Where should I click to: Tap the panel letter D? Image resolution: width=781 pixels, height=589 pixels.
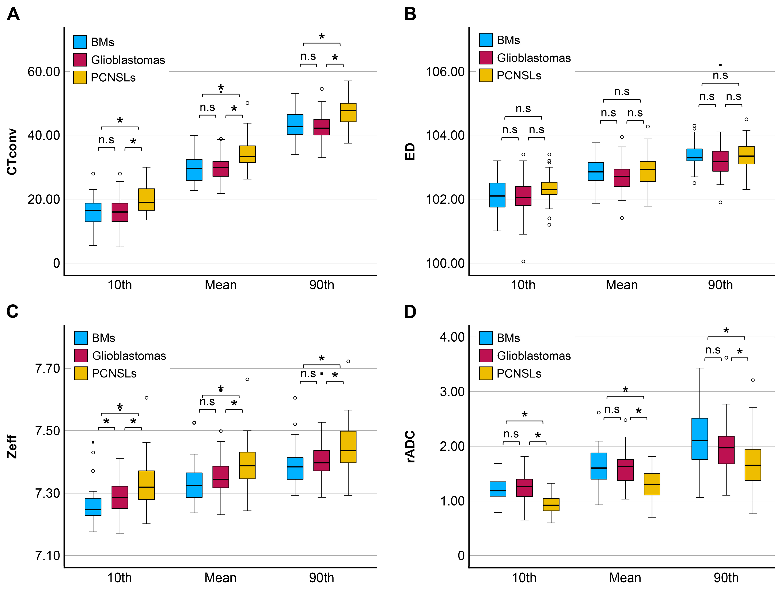coord(410,312)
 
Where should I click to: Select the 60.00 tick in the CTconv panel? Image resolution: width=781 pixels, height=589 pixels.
coord(44,72)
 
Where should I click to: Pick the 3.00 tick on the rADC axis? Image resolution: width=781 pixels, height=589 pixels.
coord(452,391)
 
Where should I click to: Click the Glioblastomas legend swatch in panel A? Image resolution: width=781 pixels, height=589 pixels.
coord(80,60)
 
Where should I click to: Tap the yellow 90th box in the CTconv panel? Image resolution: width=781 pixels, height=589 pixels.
coord(348,113)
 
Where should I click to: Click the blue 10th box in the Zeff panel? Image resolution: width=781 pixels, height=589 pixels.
coord(93,507)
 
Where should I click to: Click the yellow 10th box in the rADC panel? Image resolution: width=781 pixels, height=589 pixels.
coord(551,504)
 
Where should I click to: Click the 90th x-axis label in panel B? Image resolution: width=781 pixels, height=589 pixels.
coord(720,285)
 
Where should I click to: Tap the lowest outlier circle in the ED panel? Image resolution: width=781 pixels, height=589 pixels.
coord(523,261)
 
